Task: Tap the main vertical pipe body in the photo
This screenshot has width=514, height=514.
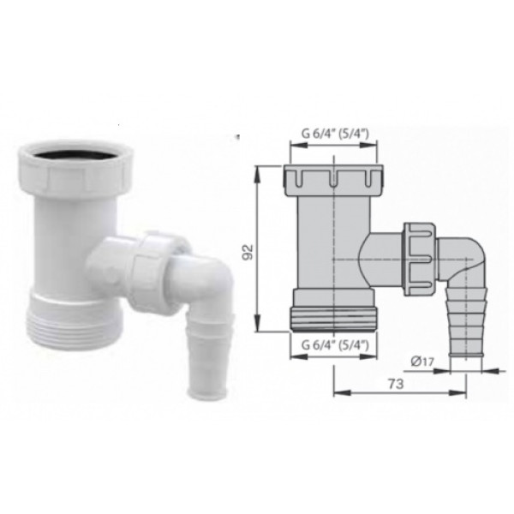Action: pos(64,240)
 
